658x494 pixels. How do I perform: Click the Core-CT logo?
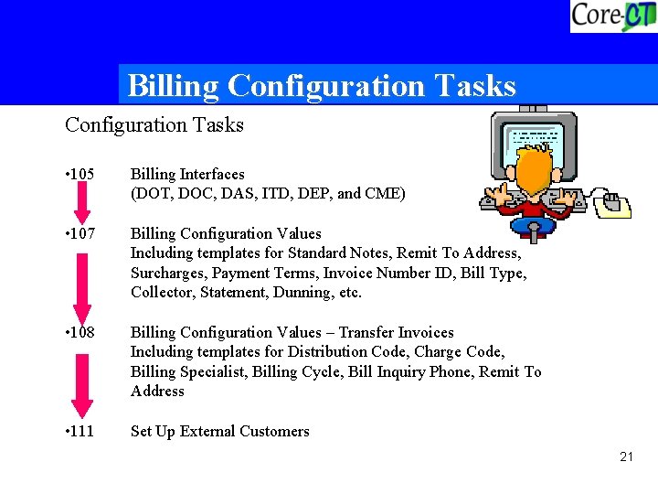click(612, 16)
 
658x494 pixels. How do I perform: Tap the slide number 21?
click(626, 456)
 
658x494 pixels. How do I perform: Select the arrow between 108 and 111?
click(82, 384)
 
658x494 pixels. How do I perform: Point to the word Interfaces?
click(212, 174)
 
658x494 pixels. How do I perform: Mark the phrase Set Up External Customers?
click(220, 431)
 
